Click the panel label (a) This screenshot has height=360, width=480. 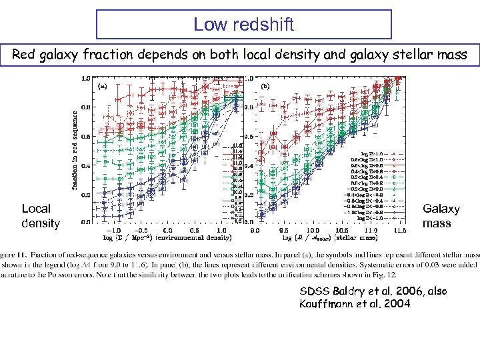tap(103, 86)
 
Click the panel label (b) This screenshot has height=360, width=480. tap(266, 85)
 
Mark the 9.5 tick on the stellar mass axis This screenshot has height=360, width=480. tap(284, 229)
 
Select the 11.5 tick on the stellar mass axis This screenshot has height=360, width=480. tap(399, 229)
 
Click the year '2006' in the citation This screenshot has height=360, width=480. tap(385, 291)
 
